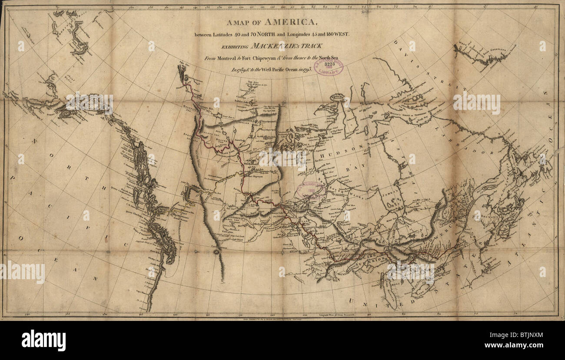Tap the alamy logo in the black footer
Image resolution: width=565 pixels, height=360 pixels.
[43, 340]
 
